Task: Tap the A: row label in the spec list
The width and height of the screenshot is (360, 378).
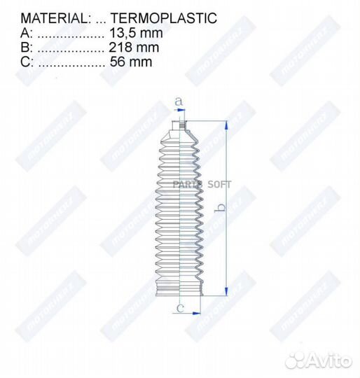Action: point(26,34)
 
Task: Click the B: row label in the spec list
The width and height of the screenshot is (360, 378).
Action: point(26,48)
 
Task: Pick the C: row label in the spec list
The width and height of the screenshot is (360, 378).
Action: point(26,62)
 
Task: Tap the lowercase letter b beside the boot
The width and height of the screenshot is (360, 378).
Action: point(219,208)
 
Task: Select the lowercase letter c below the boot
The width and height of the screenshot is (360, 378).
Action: point(180,307)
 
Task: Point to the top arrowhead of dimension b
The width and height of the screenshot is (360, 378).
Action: point(226,125)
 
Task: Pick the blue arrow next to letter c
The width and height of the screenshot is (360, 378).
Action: point(192,314)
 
